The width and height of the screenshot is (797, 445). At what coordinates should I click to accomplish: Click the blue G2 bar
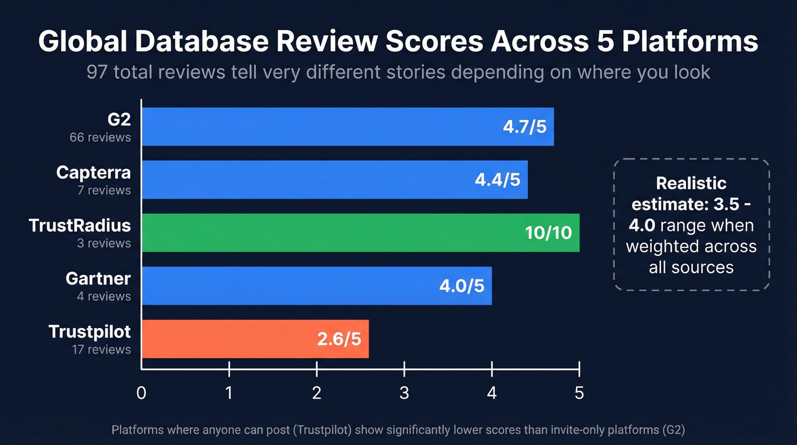pos(319,126)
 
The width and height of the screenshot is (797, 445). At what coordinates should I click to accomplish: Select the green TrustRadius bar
pos(330,232)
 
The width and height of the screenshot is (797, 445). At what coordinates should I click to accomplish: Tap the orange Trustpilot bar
pos(228,338)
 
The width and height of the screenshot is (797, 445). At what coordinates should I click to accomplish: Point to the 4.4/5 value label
pos(497,179)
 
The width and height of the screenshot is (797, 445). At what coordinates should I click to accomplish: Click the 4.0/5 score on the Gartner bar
pos(462,285)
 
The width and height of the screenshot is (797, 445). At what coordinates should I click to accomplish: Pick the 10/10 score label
pos(549,232)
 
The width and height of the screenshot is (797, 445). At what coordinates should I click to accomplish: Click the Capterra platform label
pos(93,173)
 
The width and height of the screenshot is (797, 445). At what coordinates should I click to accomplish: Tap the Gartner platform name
pos(98,279)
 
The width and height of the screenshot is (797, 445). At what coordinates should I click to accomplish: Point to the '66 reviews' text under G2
pos(100,137)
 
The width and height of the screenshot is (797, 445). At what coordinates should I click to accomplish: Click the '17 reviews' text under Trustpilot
pos(101,349)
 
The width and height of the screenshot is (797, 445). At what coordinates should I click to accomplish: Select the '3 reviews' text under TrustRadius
pos(104,243)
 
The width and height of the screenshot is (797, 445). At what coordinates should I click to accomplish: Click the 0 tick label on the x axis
pos(141,393)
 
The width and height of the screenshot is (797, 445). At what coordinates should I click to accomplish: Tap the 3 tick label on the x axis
pos(404,393)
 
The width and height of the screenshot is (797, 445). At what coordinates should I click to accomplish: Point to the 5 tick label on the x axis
pos(579,393)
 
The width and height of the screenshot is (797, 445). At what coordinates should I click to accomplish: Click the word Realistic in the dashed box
pos(691,183)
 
